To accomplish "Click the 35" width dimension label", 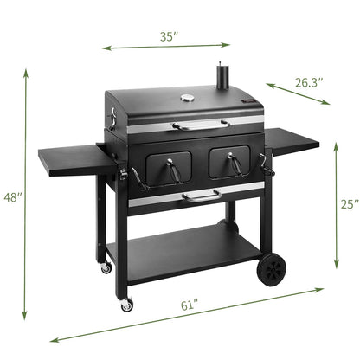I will pyautogui.click(x=169, y=36).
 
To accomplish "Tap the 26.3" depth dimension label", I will pyautogui.click(x=308, y=82).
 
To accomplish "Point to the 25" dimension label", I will pyautogui.click(x=348, y=205).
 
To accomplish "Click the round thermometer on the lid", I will pyautogui.click(x=187, y=100).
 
